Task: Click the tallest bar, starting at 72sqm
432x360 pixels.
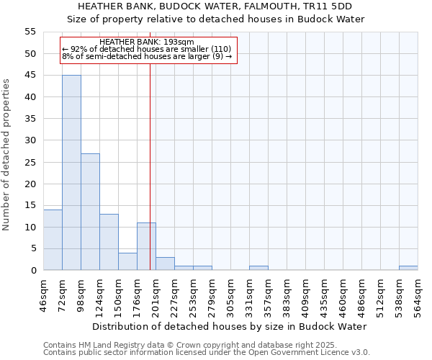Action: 71,173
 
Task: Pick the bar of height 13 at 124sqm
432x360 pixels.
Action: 109,242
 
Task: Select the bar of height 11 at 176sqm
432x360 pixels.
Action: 146,246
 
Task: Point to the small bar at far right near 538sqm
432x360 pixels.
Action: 408,268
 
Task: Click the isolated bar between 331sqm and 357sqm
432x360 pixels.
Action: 258,268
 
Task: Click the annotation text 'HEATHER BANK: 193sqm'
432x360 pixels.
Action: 147,42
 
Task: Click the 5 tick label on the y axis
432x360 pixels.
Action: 32,248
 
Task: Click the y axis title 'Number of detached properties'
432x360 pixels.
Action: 7,155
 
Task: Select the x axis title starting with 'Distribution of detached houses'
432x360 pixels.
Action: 230,326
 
